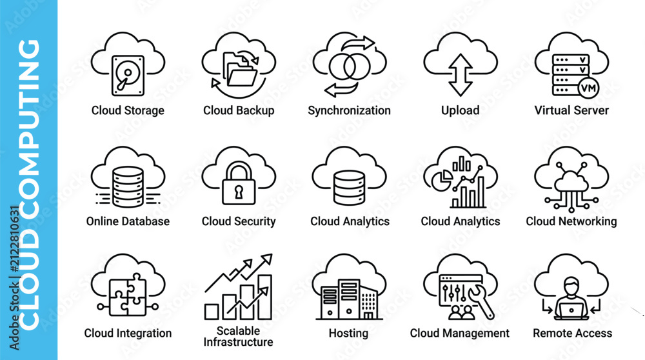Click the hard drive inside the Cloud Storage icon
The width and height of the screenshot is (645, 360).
coord(128,75)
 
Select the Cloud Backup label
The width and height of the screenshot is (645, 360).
coord(239,110)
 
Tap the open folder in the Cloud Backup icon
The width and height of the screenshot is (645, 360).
coord(243,77)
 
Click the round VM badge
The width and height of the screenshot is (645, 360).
coord(588,88)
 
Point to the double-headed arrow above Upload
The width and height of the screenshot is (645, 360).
coord(461,75)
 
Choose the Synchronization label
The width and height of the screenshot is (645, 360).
coord(349,111)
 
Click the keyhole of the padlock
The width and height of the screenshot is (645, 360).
coord(239,192)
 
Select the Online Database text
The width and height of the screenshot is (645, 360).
coord(128,221)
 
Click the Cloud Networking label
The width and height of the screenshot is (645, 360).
coord(571,221)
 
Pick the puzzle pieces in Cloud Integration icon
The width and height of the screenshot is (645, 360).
coord(128,295)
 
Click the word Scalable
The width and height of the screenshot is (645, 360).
coord(238,331)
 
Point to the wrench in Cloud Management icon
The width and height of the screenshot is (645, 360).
coord(481,301)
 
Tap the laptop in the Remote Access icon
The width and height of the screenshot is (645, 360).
coord(571,309)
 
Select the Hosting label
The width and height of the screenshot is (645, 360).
coord(348,333)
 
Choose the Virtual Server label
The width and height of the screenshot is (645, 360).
coord(571,110)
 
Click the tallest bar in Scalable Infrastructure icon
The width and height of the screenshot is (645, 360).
coord(264,297)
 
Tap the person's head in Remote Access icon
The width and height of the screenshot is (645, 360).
coord(571,285)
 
